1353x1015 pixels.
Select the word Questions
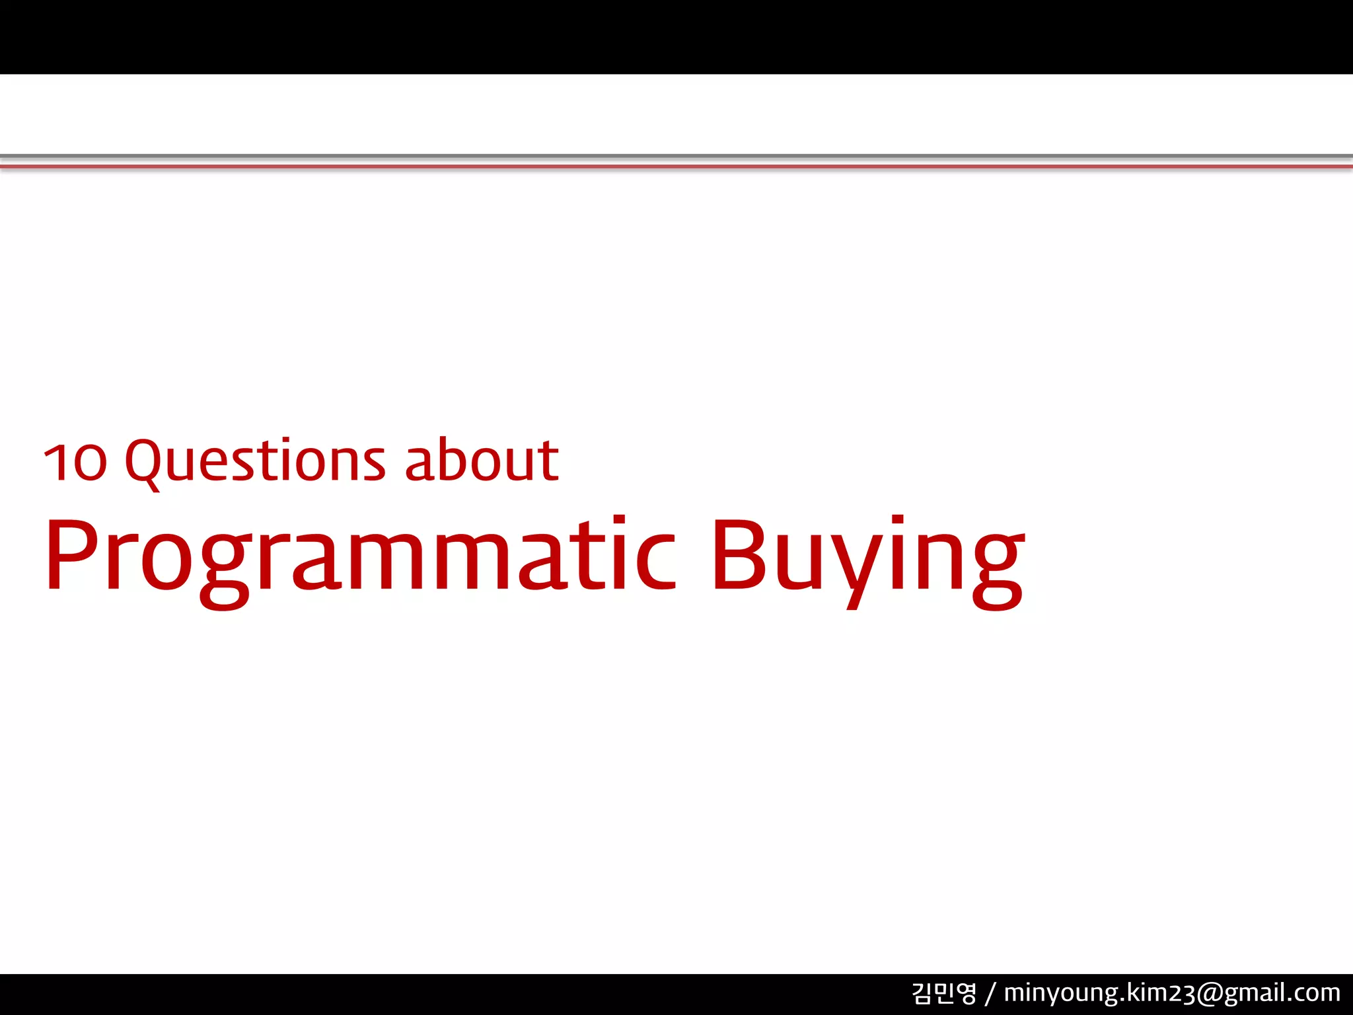(x=255, y=461)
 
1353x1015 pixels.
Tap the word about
(x=482, y=460)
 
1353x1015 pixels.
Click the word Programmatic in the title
(x=361, y=555)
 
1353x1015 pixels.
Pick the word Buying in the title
(x=867, y=555)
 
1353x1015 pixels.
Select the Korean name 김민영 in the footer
(x=943, y=993)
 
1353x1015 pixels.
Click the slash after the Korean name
(x=990, y=993)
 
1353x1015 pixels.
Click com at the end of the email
(x=1318, y=993)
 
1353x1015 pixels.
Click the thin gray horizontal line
(x=676, y=156)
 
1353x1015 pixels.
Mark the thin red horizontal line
(x=676, y=167)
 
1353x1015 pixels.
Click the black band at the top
(x=676, y=36)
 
